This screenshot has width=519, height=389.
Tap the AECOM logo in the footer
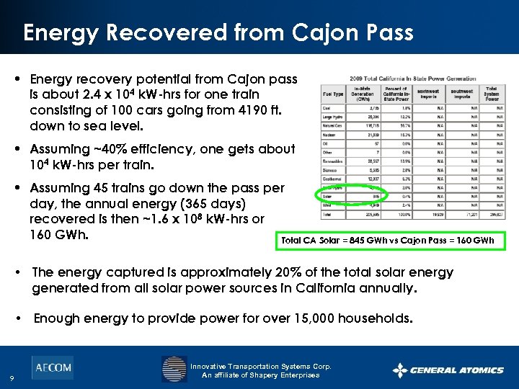52,367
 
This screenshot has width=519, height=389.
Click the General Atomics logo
448,370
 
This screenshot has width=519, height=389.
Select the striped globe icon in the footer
174,369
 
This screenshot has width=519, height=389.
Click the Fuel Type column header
334,92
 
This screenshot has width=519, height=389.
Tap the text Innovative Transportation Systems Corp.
261,366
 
